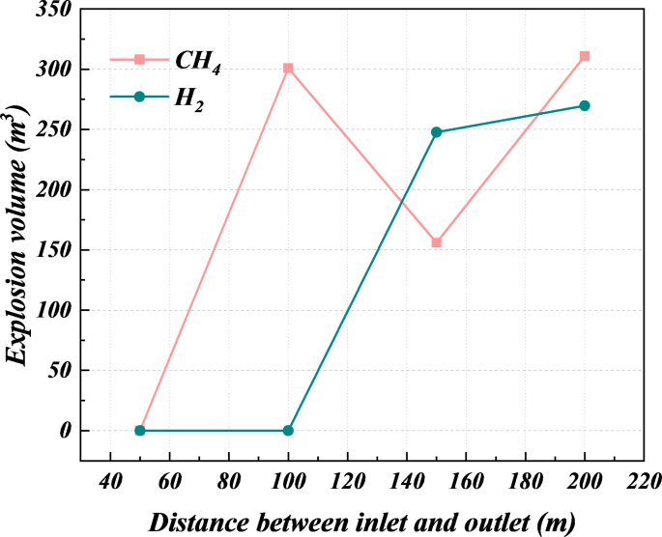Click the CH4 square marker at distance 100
coord(288,69)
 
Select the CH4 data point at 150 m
coord(436,242)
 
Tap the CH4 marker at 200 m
coord(584,57)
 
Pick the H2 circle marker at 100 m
coord(288,431)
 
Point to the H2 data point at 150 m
coord(436,132)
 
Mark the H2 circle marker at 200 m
coord(584,106)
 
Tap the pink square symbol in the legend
coord(139,59)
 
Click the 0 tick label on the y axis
coord(66,431)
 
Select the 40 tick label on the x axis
coord(110,480)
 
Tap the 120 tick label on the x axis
coord(347,480)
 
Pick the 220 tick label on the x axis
coord(643,480)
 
